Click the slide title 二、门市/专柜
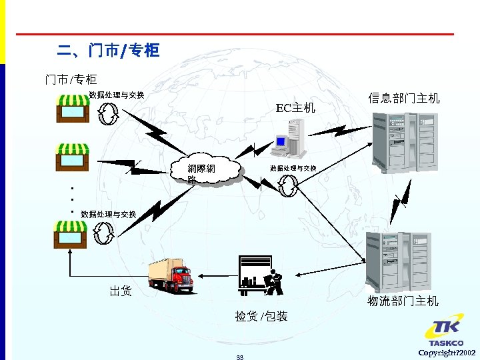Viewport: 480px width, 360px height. pyautogui.click(x=108, y=51)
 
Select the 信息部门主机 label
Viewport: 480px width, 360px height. pyautogui.click(x=404, y=99)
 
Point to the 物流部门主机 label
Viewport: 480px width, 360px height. pyautogui.click(x=403, y=301)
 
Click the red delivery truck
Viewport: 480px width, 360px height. pyautogui.click(x=171, y=275)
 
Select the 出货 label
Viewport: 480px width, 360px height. pyautogui.click(x=121, y=291)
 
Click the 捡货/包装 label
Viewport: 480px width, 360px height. pyautogui.click(x=261, y=316)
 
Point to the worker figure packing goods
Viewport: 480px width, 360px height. pyautogui.click(x=273, y=282)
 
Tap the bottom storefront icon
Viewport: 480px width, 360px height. pyautogui.click(x=71, y=234)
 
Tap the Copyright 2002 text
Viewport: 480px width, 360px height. pyautogui.click(x=447, y=352)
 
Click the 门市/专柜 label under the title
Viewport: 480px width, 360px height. pyautogui.click(x=71, y=80)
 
